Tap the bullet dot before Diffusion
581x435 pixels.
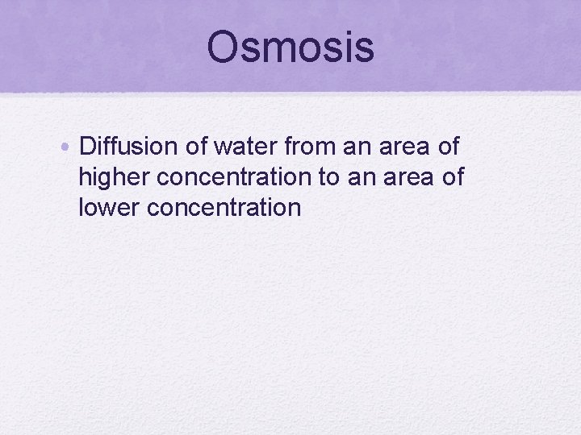point(68,147)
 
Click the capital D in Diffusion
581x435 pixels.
point(88,147)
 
